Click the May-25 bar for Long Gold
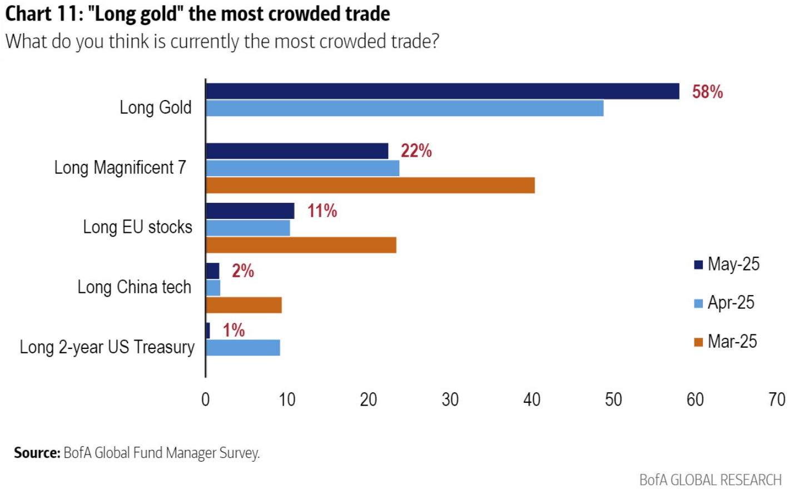click(442, 91)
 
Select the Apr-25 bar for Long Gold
click(404, 108)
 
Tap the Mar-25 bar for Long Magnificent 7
click(370, 186)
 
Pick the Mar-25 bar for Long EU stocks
click(301, 245)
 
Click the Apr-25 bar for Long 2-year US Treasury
click(243, 348)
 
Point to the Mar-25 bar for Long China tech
click(244, 305)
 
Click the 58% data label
click(707, 92)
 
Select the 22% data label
click(416, 151)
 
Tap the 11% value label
click(322, 211)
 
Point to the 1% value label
click(234, 331)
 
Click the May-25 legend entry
click(727, 264)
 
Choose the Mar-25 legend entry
click(726, 342)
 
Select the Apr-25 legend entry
click(725, 303)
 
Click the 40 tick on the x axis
click(532, 399)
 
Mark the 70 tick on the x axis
click(776, 399)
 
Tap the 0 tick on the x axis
click(205, 399)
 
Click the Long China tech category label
click(134, 287)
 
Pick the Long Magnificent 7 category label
click(120, 167)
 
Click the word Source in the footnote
click(37, 453)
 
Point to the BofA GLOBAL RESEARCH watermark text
click(710, 479)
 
